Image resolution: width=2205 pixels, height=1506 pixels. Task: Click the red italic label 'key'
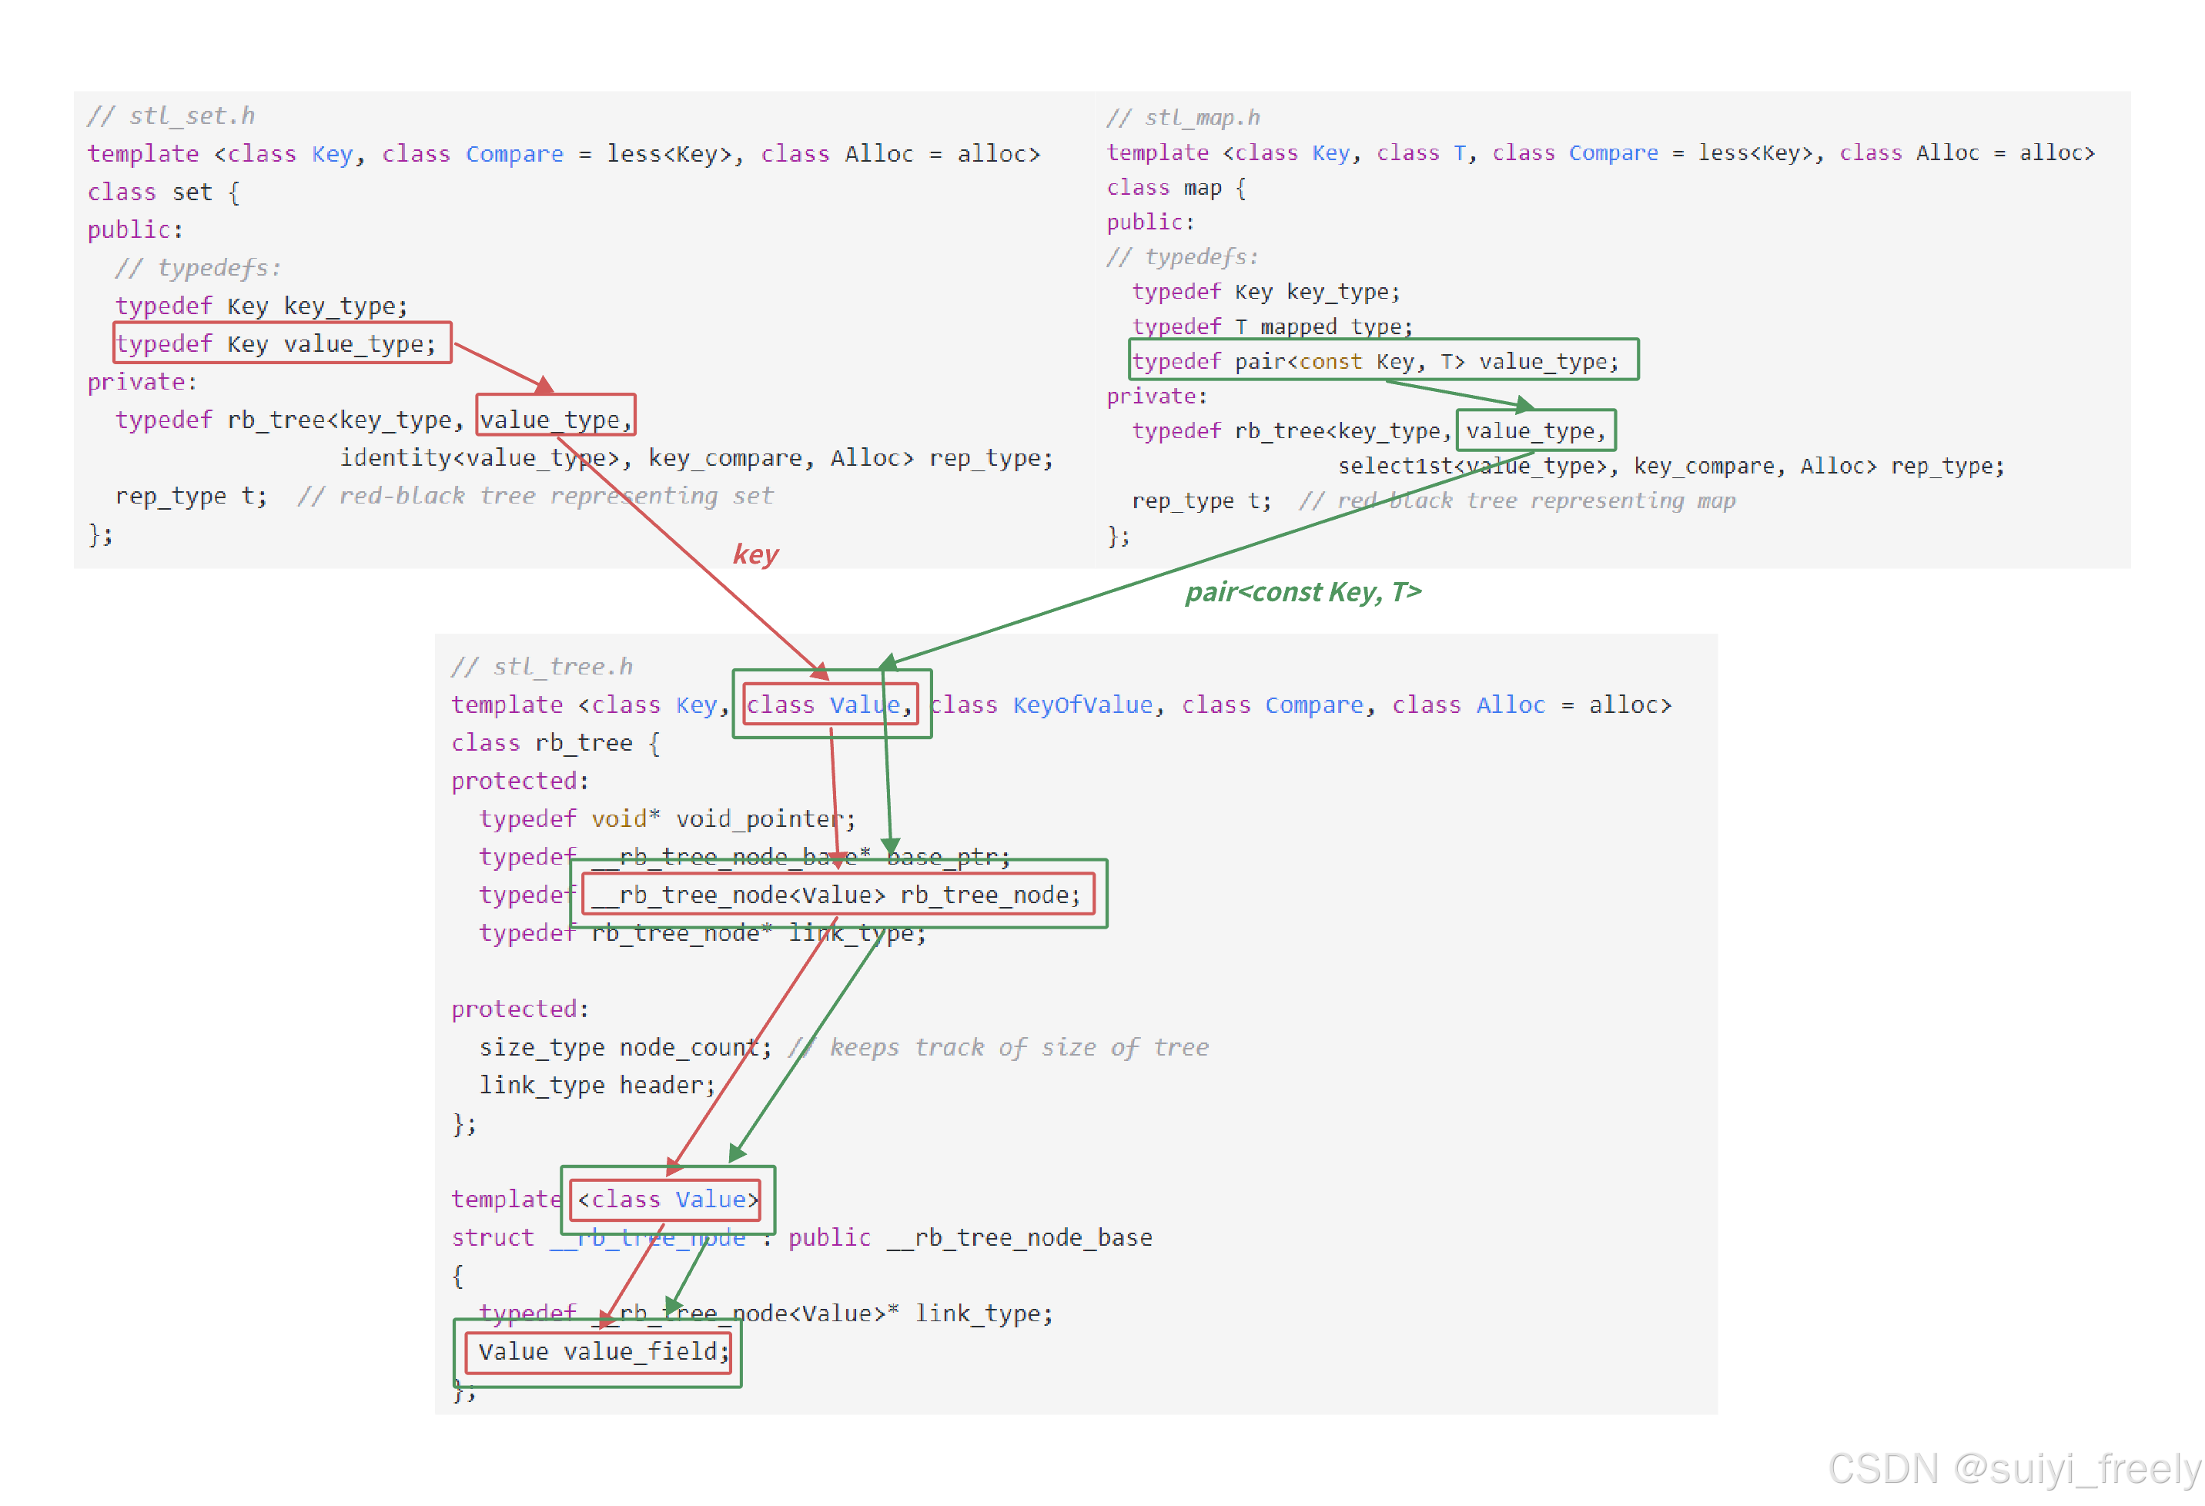point(755,554)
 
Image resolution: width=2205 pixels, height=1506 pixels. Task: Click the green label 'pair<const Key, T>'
point(1303,592)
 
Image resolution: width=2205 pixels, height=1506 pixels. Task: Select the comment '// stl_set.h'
point(171,115)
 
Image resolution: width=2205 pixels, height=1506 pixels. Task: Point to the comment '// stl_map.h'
point(1183,118)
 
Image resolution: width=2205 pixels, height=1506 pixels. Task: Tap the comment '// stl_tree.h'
point(542,666)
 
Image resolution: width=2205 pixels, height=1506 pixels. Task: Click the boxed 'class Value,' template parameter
point(828,705)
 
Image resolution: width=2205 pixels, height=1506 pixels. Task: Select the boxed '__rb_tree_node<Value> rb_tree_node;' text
point(836,895)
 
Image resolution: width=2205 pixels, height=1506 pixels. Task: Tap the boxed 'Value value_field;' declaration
point(603,1351)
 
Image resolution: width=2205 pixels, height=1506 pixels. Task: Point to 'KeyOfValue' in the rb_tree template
point(1082,705)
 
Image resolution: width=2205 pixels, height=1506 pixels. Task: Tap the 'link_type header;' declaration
point(597,1085)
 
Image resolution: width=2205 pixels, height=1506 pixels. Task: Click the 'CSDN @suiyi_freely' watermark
point(2013,1469)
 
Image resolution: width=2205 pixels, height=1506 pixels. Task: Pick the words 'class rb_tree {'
point(555,743)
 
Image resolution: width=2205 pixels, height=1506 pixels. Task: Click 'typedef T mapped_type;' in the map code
point(1271,326)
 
